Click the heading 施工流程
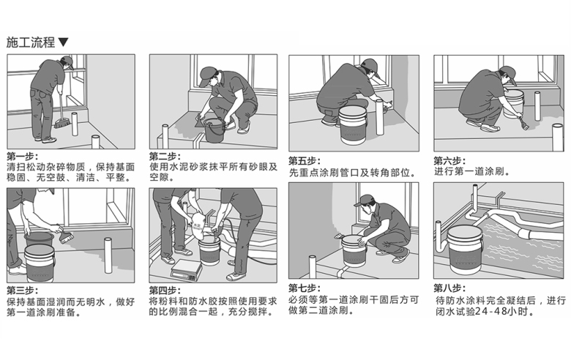tap(30, 42)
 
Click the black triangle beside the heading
tap(63, 42)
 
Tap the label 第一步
tap(22, 157)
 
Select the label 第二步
tap(165, 157)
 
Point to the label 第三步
tap(22, 290)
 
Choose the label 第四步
tap(165, 290)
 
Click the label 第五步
tap(305, 160)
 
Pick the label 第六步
tap(449, 160)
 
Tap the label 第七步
tap(305, 288)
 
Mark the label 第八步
tap(449, 288)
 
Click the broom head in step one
tap(62, 124)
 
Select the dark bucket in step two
tap(214, 130)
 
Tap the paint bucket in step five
tap(353, 125)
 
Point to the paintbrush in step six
tap(523, 121)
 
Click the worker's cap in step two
tap(206, 74)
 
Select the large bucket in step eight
tap(465, 250)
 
